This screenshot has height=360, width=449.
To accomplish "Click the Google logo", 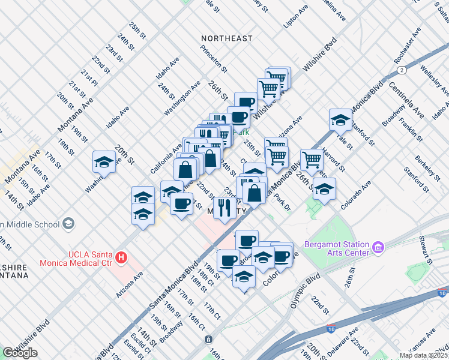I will click(x=20, y=352).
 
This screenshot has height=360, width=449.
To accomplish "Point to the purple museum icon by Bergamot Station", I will click(x=378, y=247).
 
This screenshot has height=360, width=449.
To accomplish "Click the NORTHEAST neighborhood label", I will click(x=227, y=38).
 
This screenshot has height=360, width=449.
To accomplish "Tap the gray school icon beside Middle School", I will click(x=69, y=224).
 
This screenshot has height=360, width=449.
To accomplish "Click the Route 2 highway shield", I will click(x=400, y=70).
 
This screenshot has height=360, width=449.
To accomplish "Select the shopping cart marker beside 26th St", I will click(x=312, y=160).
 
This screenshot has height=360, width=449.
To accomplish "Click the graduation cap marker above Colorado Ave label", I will click(x=324, y=189).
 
